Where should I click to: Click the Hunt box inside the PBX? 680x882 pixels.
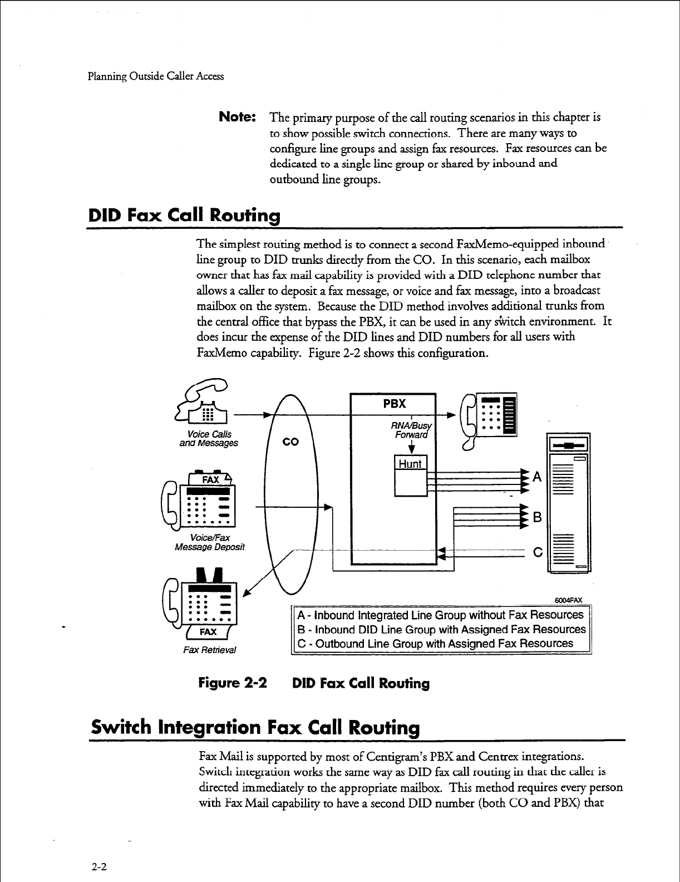pos(410,464)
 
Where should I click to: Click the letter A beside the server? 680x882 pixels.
pos(537,477)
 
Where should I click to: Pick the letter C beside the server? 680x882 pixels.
pos(537,553)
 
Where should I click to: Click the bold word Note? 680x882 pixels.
pos(238,118)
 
